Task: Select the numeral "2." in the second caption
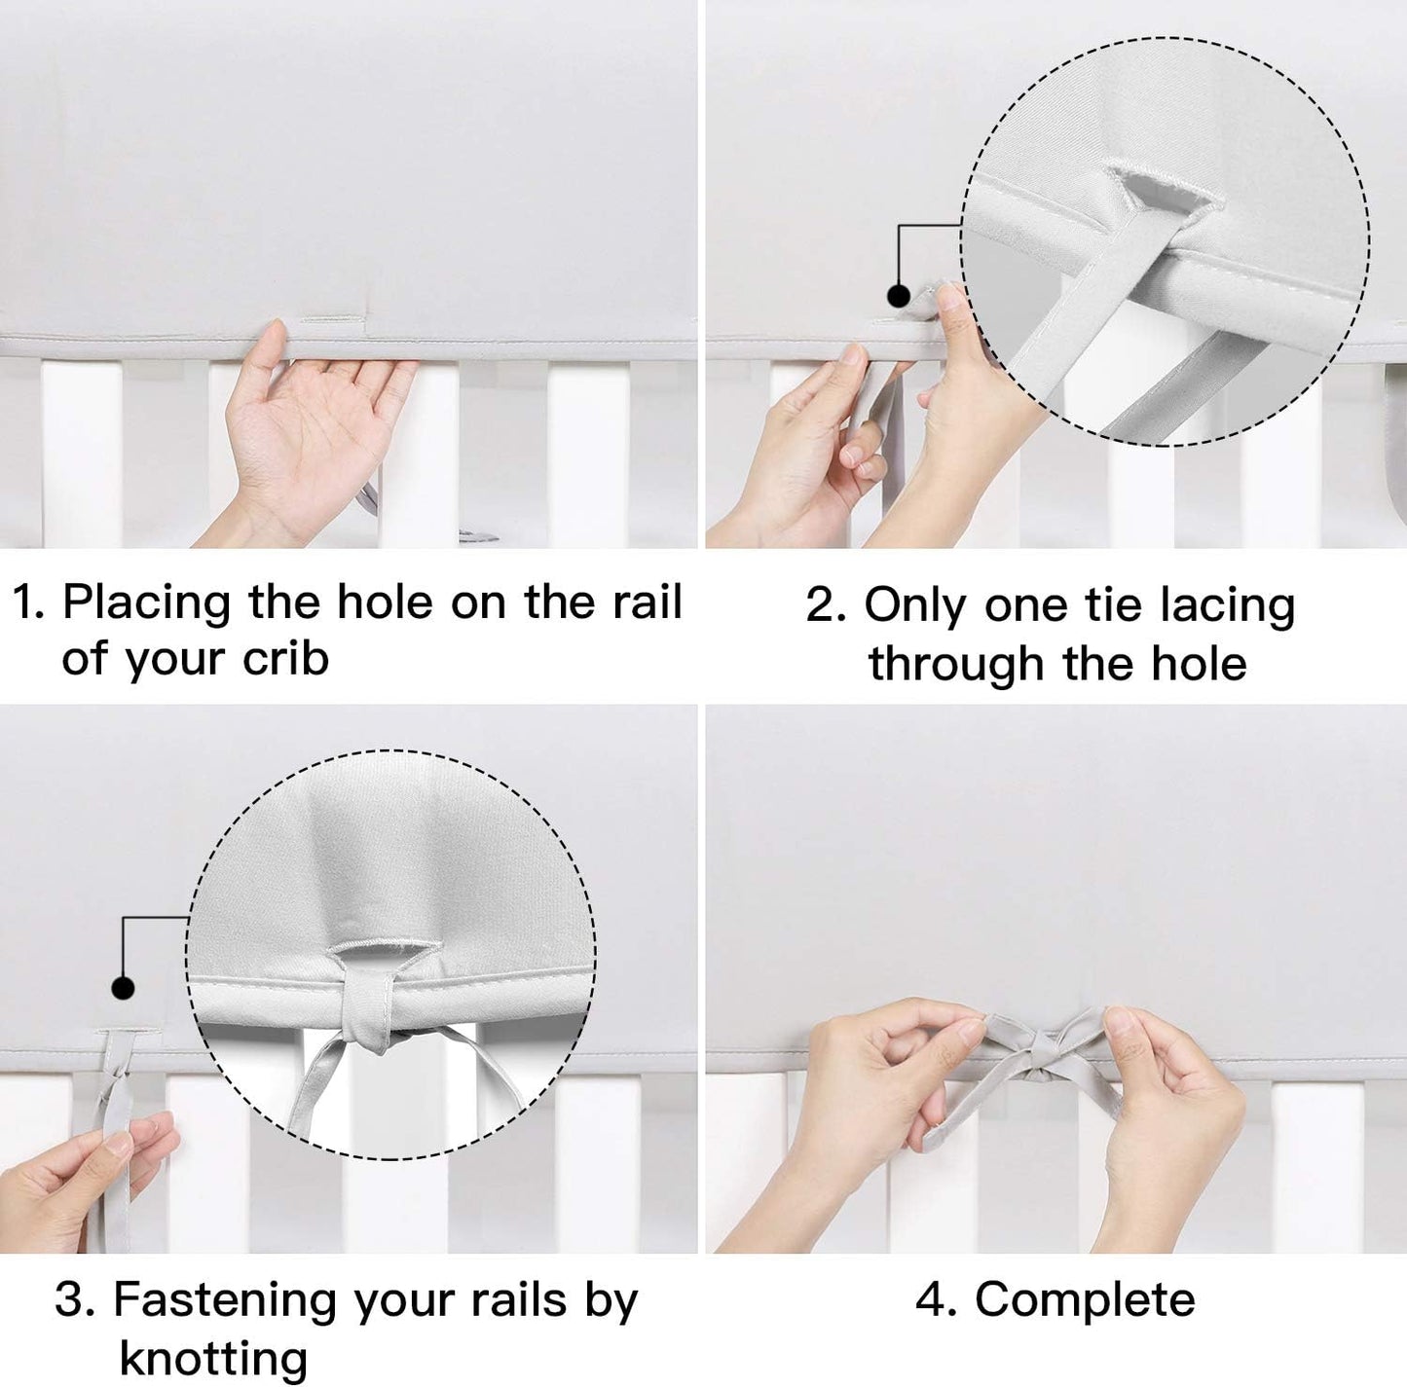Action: (827, 605)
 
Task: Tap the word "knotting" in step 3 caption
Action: (213, 1359)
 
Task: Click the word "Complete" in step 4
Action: (1085, 1300)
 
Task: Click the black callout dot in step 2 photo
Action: (899, 295)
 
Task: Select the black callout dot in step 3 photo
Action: (123, 988)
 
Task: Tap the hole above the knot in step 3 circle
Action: (381, 951)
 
